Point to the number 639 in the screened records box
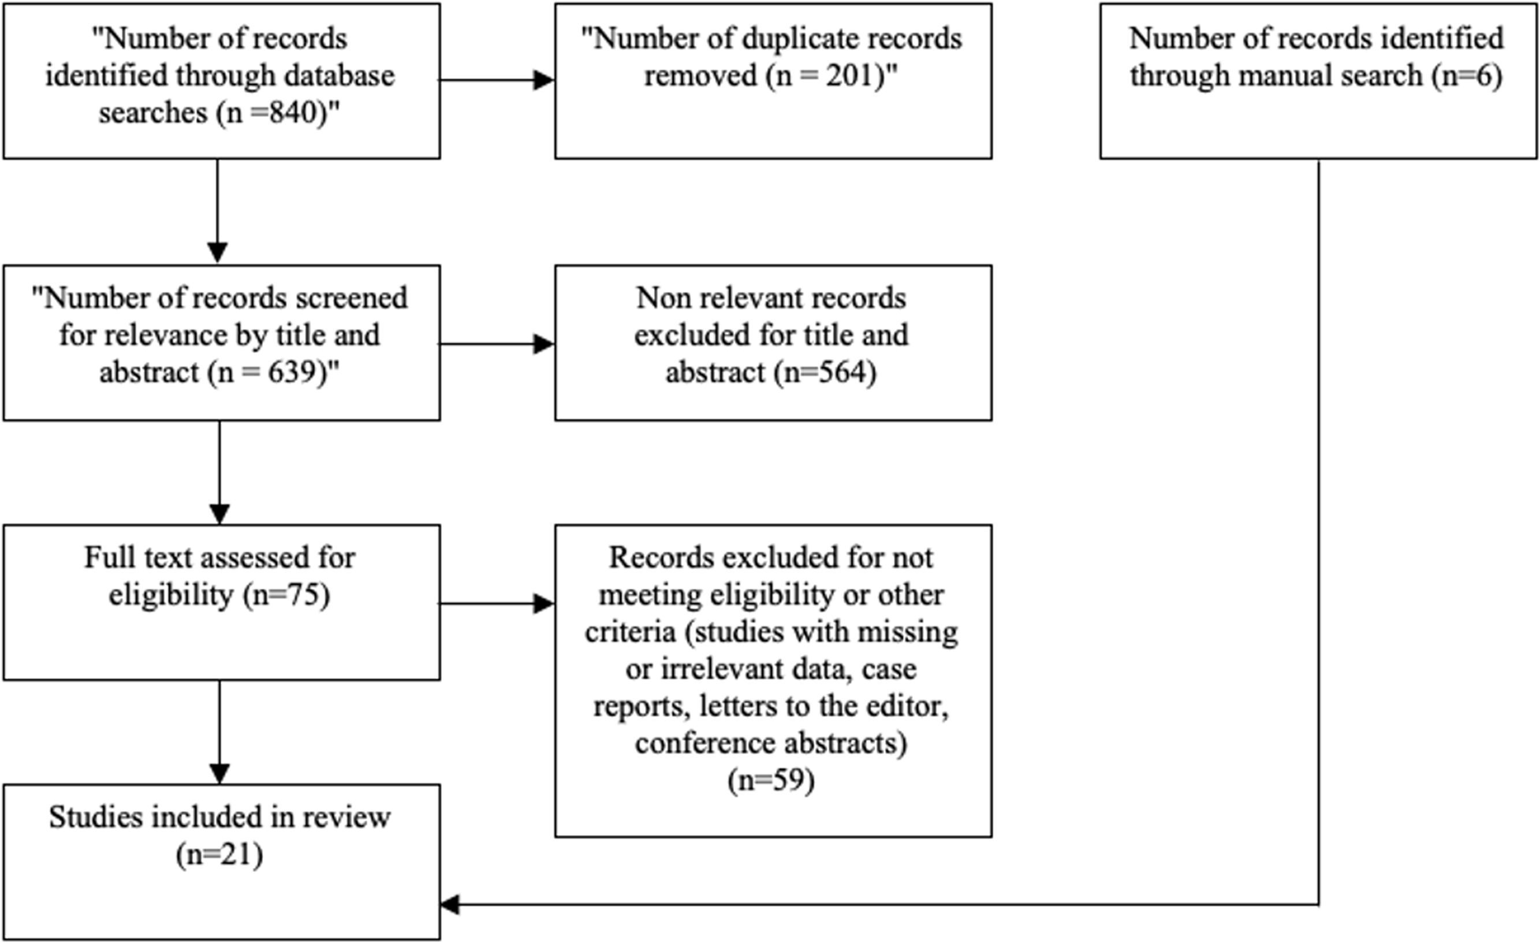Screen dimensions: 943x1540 (294, 373)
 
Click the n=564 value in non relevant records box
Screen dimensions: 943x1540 (825, 373)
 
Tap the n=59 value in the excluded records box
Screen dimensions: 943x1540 (771, 781)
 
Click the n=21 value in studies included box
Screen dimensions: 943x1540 (219, 855)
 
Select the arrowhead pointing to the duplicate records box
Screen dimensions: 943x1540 (544, 80)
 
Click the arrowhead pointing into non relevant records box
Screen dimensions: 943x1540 (544, 344)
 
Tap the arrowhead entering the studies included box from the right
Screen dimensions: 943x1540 (450, 905)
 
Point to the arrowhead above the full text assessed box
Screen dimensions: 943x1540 (219, 514)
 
